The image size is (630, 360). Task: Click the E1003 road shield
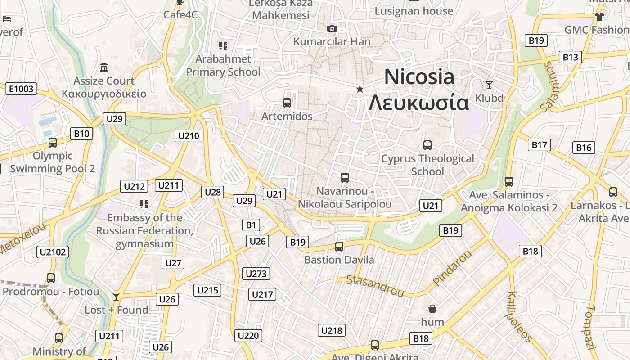coord(21,89)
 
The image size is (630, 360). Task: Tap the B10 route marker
coord(81,134)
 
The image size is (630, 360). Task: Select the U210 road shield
coord(189,136)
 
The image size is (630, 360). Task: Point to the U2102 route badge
coord(53,252)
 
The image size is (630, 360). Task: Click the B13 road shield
coord(570,57)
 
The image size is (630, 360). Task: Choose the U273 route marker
coord(256,274)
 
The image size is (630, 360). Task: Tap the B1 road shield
coord(251,225)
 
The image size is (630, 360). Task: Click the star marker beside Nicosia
coord(360,89)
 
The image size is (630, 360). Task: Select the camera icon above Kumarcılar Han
coord(332,29)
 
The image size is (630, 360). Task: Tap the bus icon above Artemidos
coord(287,103)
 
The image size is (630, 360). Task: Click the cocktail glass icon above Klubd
coord(489,85)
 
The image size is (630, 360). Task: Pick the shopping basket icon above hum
coord(432,309)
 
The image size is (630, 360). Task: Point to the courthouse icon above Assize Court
coord(104,67)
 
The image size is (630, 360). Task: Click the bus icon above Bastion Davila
coord(339,247)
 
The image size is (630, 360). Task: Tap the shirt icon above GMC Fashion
coord(599,17)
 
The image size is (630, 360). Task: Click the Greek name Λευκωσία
coord(418,103)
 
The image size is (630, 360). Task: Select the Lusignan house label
coord(414,11)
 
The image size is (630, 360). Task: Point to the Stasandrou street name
coord(375,286)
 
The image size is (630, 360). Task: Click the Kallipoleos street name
coord(520,316)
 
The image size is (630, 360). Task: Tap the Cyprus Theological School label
coord(427,165)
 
